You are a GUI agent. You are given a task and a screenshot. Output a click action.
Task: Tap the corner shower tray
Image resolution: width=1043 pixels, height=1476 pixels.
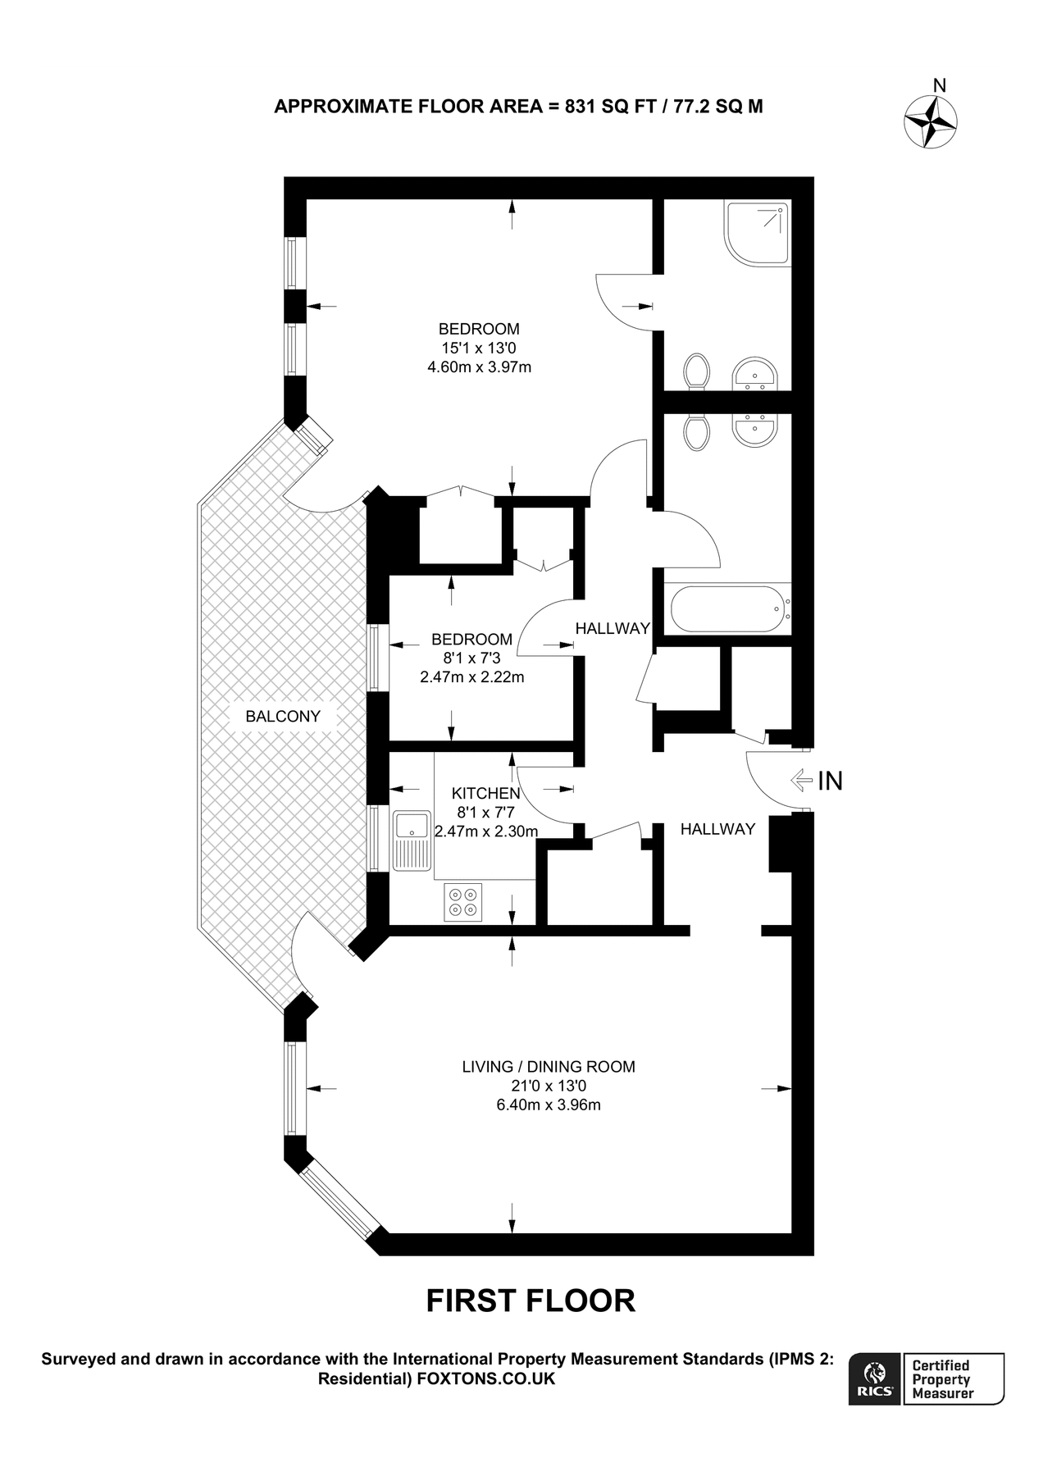[x=758, y=234]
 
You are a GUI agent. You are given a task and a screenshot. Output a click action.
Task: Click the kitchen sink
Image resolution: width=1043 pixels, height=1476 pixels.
[x=412, y=840]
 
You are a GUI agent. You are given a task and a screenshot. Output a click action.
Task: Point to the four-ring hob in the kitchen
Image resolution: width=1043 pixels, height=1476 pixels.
[x=463, y=902]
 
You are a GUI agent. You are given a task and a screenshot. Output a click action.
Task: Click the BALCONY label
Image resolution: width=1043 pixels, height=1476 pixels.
[x=283, y=716]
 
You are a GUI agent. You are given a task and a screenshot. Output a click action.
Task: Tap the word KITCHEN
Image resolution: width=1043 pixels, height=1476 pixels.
[x=486, y=793]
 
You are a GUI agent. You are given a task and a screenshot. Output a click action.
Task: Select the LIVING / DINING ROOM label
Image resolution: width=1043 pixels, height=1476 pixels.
[x=549, y=1067]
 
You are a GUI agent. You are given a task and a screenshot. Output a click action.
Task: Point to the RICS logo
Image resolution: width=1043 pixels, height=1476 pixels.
[x=876, y=1379]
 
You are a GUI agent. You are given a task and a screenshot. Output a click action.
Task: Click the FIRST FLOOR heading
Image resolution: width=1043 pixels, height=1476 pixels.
[x=531, y=1301]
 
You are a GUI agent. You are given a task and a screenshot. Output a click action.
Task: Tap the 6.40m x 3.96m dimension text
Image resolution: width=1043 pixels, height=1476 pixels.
[x=549, y=1105]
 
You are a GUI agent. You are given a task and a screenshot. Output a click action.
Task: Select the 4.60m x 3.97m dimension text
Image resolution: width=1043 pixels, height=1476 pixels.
[x=479, y=367]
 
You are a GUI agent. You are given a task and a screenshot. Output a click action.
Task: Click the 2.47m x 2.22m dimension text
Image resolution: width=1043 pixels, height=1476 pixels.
[x=471, y=676]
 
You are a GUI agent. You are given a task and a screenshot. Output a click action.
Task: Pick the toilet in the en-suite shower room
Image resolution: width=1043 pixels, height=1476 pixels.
[x=698, y=371]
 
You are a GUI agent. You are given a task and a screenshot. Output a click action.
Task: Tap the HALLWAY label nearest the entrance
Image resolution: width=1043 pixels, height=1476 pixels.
[x=717, y=829]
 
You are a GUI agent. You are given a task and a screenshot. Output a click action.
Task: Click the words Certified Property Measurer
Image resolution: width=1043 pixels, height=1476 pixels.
[x=943, y=1379]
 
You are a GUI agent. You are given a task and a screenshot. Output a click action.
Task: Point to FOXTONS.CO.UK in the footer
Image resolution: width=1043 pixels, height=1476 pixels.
[x=486, y=1379]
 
